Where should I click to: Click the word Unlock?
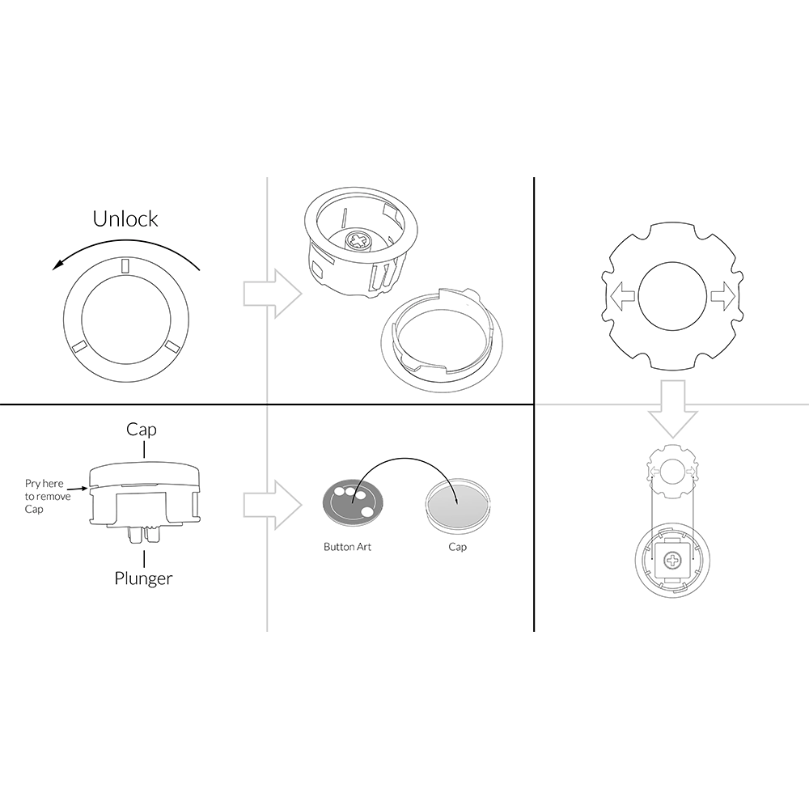tap(125, 218)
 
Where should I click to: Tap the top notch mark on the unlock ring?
tap(125, 265)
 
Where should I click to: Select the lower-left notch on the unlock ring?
tap(80, 347)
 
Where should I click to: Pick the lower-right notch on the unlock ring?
tap(172, 347)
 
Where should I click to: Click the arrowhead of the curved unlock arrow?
tap(58, 265)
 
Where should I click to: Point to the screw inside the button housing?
tap(357, 240)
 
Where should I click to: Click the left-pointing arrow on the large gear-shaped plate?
tap(622, 295)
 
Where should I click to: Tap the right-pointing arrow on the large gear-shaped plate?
tap(722, 295)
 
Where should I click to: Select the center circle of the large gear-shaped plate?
tap(671, 295)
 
